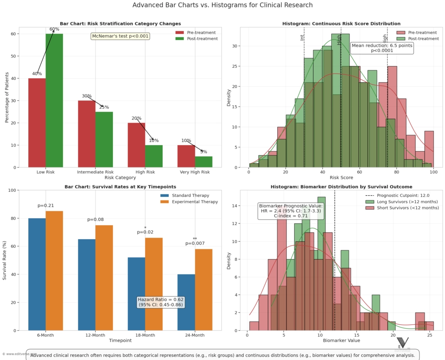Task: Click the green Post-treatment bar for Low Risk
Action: [x=54, y=100]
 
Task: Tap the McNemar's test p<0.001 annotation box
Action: [x=120, y=36]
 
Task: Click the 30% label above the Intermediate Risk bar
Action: [x=86, y=96]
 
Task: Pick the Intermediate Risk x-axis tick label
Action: [x=95, y=172]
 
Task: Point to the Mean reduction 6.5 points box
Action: [x=382, y=48]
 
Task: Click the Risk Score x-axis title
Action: [x=341, y=177]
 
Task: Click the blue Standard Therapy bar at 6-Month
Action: [x=37, y=274]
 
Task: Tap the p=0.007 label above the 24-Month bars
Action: [x=195, y=243]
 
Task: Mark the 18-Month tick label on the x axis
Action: [x=145, y=335]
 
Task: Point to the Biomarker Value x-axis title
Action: [x=341, y=340]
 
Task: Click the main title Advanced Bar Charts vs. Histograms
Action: [x=222, y=5]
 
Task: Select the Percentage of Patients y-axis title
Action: [x=7, y=97]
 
